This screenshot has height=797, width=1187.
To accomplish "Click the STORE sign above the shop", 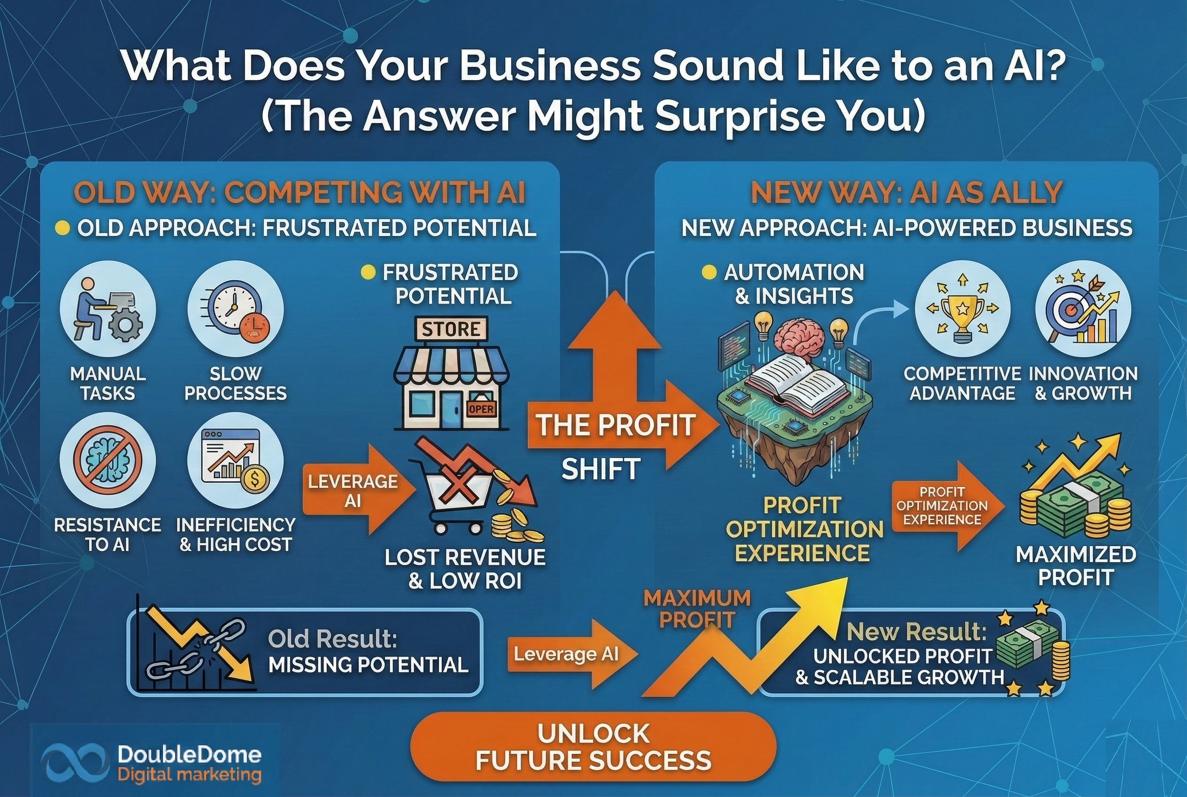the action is [451, 329].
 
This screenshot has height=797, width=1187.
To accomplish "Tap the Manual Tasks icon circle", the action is [108, 309].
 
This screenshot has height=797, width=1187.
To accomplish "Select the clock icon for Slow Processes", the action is [235, 309].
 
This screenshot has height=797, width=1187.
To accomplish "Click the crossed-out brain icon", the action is [108, 460].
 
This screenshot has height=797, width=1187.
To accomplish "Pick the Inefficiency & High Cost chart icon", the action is [235, 460].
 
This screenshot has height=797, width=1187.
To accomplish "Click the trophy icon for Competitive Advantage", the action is [963, 309].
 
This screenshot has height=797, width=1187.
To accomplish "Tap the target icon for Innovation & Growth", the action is [1083, 309].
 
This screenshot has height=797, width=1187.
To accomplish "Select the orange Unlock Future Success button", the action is [593, 746].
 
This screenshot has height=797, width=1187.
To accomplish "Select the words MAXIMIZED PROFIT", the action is [1076, 565].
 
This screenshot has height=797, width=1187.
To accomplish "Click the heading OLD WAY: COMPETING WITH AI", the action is [300, 193].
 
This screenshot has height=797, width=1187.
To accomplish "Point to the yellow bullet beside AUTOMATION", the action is [709, 272].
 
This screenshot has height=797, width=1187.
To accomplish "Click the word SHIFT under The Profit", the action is [601, 469].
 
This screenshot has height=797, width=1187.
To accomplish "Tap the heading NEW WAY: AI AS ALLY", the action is [907, 193].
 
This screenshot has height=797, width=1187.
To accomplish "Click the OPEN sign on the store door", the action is [481, 409].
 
